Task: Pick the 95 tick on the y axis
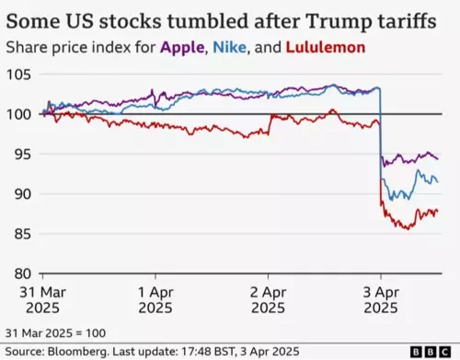[x=21, y=154]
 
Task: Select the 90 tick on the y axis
[x=21, y=194]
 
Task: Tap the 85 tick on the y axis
[x=21, y=234]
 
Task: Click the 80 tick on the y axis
[x=21, y=273]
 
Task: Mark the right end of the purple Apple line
[x=437, y=158]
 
